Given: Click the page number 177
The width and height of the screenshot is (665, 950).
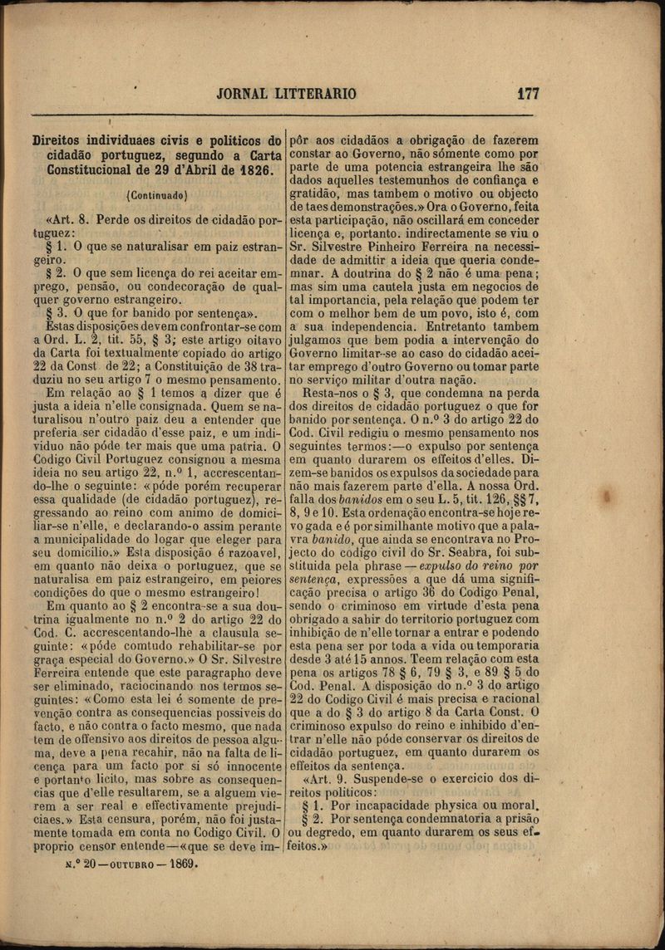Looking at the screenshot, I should [528, 93].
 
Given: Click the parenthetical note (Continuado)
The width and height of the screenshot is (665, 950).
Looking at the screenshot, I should [155, 196].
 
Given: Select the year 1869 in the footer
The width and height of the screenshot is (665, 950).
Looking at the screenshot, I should [184, 864].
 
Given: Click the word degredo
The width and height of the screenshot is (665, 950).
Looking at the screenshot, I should [336, 833].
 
